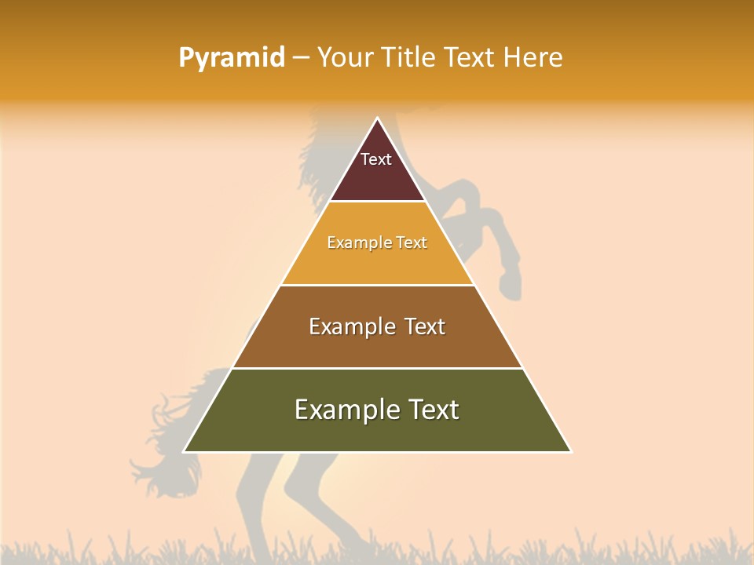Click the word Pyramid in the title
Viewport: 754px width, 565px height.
tap(231, 58)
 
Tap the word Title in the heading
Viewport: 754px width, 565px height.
tap(409, 58)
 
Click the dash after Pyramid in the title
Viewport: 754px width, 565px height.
tap(301, 58)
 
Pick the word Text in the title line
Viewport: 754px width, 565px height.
tap(470, 58)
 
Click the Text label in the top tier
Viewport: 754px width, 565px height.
tap(376, 159)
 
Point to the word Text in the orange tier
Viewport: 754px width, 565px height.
tap(412, 242)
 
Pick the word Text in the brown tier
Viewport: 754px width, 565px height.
tap(425, 326)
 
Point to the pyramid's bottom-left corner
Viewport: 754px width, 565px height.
tap(184, 452)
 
